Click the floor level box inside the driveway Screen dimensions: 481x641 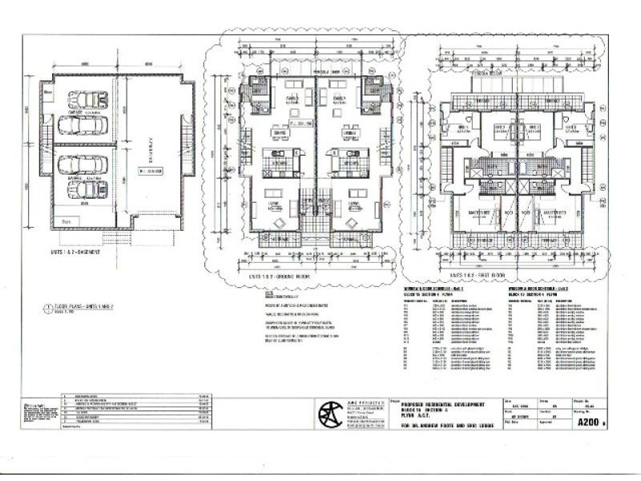pyautogui.click(x=149, y=170)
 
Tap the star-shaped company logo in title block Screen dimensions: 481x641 pyautogui.click(x=329, y=412)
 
